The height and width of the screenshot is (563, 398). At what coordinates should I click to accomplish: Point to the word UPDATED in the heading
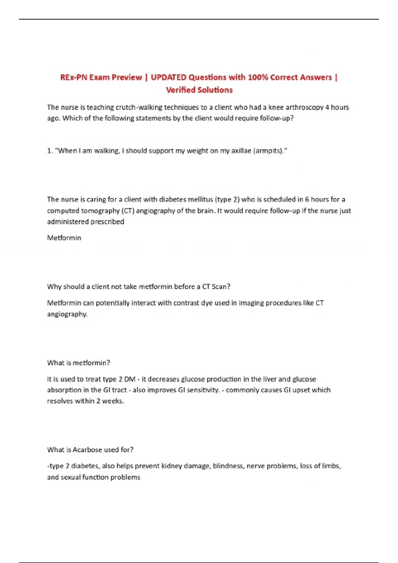pos(168,77)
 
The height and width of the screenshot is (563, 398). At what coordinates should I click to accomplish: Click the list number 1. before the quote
pos(50,151)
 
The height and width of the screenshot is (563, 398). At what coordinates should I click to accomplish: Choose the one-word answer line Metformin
pos(64,238)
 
